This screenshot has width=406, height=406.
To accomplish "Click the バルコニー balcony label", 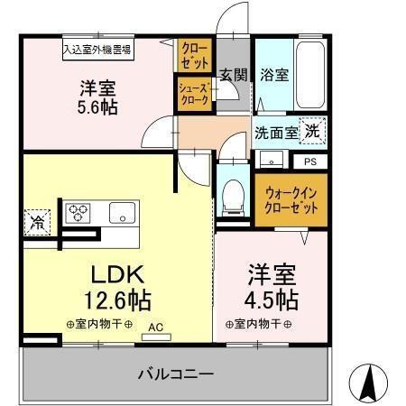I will pos(175,372).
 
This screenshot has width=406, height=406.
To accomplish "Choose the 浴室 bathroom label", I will pos(273,75).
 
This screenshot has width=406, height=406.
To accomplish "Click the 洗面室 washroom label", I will pos(274,132).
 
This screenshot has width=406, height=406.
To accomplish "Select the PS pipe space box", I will pos(309,162).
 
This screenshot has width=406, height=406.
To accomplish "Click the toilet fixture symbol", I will pos(233,194).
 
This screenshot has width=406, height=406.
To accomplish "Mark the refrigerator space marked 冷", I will pos(37,220).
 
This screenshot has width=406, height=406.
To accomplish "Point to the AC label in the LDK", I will pos(154,328).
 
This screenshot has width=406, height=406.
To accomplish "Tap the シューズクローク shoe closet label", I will pos(193,94).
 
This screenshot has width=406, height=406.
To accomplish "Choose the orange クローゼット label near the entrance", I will pos(193,57).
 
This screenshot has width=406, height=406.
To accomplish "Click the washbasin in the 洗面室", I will pos(271,160).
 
